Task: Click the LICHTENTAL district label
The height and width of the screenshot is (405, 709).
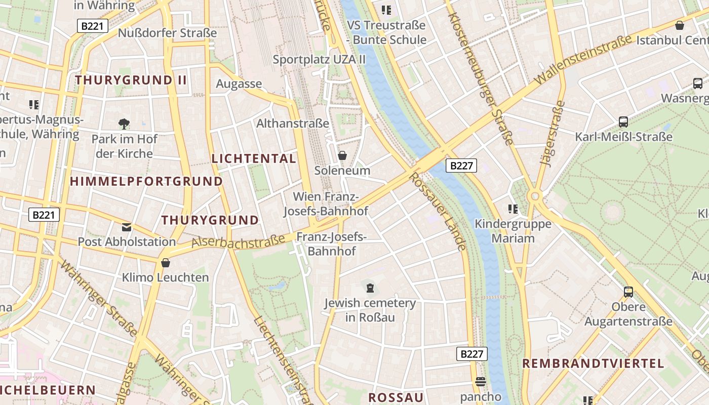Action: point(254,158)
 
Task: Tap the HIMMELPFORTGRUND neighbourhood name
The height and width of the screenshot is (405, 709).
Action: point(146,181)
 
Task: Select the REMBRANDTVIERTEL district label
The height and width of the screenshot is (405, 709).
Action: point(593,363)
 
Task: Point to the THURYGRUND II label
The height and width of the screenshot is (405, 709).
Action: point(131,80)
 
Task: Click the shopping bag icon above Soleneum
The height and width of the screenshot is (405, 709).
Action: point(342,155)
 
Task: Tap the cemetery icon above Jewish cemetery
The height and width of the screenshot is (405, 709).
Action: point(370,288)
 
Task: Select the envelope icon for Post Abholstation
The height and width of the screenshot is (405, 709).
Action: point(127,227)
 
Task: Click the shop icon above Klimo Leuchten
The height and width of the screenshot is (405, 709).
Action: point(165,263)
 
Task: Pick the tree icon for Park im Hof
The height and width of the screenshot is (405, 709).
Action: point(124,124)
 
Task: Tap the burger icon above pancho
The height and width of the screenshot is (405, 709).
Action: point(481,382)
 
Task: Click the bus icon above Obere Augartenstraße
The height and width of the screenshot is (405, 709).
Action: point(628,292)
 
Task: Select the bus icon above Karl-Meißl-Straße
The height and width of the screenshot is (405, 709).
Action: point(623,122)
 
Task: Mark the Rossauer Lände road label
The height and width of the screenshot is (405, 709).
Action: point(438,211)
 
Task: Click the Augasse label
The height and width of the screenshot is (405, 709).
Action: point(239,84)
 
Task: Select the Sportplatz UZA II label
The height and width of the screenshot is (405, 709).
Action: point(319,59)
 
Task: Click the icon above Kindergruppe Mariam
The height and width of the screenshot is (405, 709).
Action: point(513,209)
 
